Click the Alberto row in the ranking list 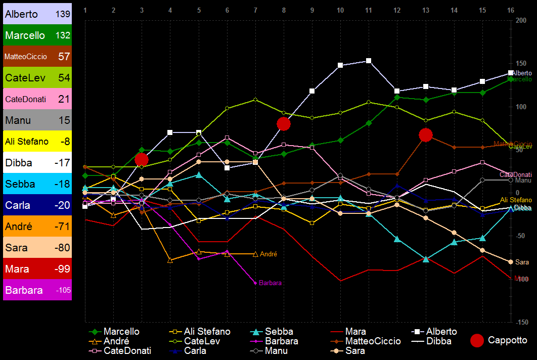(x=37, y=14)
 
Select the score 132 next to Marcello (x=63, y=35)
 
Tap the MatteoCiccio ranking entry (x=37, y=57)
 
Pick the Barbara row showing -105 (x=37, y=290)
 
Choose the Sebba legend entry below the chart (x=279, y=332)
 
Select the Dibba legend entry (x=439, y=341)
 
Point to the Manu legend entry (x=276, y=351)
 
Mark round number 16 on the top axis (x=511, y=10)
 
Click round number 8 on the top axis (x=284, y=10)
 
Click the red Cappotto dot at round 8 (x=284, y=124)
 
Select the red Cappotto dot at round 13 (x=426, y=135)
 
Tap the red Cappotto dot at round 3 (x=142, y=160)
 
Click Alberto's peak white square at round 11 (x=369, y=61)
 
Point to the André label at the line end (x=268, y=254)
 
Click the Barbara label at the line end (x=270, y=283)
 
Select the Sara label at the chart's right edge (x=522, y=262)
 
